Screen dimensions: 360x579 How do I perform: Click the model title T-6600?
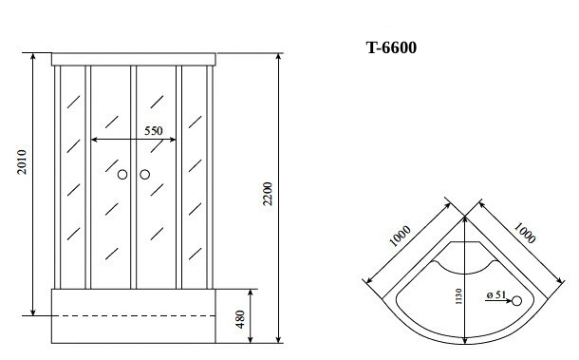(x=390, y=48)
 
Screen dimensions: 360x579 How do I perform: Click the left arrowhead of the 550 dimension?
(x=94, y=141)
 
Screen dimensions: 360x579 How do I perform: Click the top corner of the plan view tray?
(x=464, y=218)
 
